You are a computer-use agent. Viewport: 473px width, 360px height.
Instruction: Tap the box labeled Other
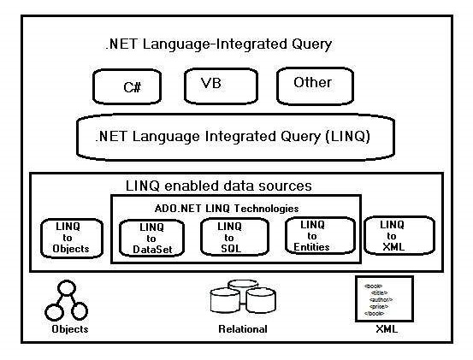tap(311, 85)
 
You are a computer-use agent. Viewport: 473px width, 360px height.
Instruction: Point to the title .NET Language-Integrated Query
tap(217, 44)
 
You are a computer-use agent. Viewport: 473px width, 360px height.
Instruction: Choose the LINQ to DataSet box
tap(150, 238)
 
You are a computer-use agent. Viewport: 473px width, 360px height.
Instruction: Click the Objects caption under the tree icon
tap(68, 328)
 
